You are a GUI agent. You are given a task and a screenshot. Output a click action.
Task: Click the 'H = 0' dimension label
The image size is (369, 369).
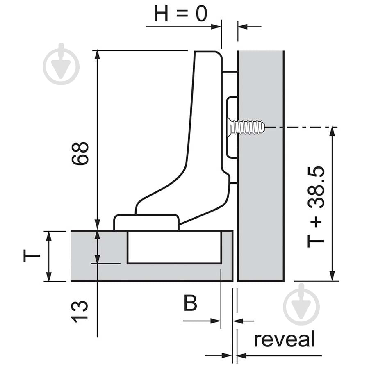[x=180, y=14]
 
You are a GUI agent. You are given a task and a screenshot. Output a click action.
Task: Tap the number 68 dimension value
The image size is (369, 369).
[x=80, y=153]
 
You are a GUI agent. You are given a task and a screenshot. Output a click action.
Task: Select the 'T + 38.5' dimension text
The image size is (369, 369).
[x=316, y=207]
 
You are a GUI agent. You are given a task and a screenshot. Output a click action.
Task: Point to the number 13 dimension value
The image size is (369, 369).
[x=80, y=312]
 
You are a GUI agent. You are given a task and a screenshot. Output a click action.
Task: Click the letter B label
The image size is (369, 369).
[x=190, y=303]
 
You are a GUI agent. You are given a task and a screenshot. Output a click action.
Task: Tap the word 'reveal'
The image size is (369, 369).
[x=284, y=339]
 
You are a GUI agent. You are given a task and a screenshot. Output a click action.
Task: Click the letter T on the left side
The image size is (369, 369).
[x=32, y=256]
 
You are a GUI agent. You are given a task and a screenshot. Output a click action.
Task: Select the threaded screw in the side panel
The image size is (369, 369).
[x=248, y=128]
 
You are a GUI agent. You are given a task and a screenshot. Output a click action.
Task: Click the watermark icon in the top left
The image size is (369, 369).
[x=61, y=64]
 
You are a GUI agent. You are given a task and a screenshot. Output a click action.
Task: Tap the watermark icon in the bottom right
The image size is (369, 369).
[x=301, y=304]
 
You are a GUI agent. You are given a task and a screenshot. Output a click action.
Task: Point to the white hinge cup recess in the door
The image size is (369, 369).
[x=174, y=247]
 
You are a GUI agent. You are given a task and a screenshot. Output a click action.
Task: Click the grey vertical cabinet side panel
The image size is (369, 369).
[x=261, y=166]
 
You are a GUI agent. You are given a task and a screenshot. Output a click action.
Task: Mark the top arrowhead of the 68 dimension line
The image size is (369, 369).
[x=98, y=55]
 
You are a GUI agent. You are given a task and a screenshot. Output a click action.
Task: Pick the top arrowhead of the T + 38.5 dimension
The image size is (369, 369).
[x=332, y=132]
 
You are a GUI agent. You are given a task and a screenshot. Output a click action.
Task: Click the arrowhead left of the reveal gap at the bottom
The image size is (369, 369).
[x=227, y=355]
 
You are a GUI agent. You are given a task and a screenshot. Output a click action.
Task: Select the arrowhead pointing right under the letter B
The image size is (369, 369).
[x=216, y=321]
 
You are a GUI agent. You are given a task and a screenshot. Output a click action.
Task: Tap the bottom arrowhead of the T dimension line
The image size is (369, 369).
[x=49, y=276]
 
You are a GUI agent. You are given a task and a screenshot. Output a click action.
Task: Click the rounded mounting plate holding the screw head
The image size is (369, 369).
[x=232, y=127]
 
